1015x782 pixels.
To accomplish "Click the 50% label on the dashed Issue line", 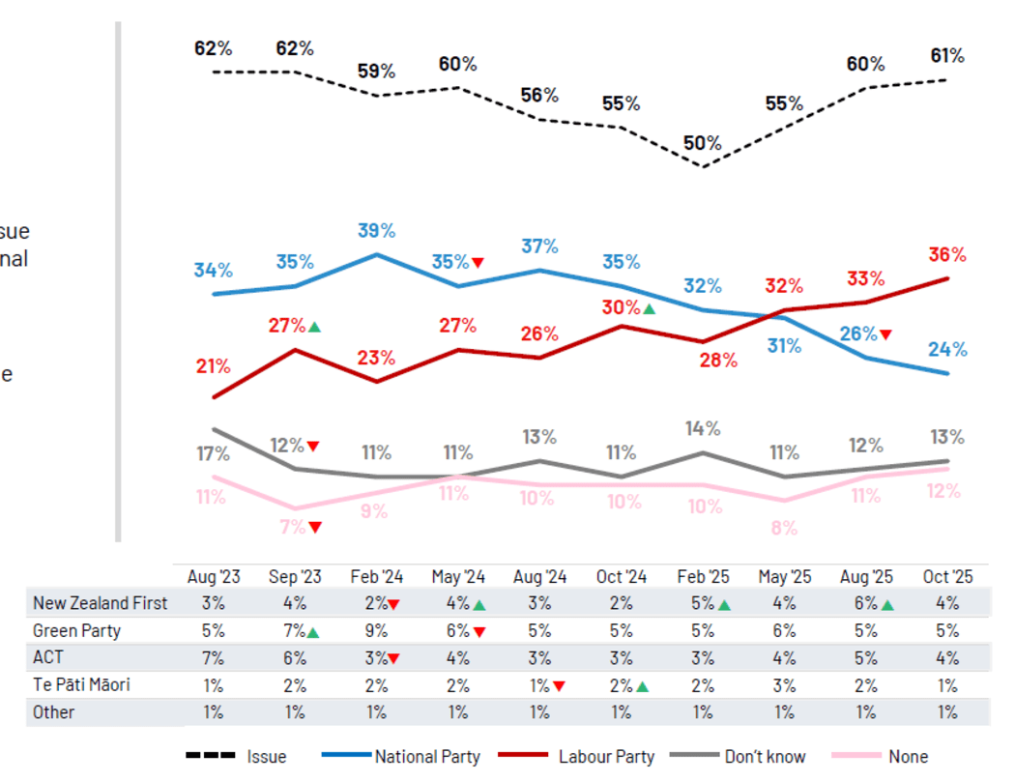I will pos(702,143).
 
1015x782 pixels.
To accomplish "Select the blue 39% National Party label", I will pos(376,231).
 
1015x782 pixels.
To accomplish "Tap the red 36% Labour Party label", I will pos(947,255).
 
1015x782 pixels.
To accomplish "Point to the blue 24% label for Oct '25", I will pos(947,350).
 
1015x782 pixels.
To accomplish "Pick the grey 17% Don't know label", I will pos(213,452).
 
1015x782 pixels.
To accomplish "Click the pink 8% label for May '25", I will pos(784,528).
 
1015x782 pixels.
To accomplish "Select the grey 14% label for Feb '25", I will pos(702,428).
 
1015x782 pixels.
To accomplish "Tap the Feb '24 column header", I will pos(376,577).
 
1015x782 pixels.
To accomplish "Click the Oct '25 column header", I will pos(947,577).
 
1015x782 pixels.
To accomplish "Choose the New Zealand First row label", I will pos(100,603).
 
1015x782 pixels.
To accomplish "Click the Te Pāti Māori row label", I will pos(81,684).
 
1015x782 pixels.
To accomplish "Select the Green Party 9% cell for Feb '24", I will pos(376,630).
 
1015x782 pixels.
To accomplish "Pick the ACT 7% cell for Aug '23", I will pos(213,657).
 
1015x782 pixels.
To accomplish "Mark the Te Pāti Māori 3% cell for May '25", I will pos(784,684).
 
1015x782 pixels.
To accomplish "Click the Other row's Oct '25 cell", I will pos(947,712).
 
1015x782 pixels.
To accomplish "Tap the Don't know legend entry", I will pos(764,757).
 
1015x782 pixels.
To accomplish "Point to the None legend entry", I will pos(907,757).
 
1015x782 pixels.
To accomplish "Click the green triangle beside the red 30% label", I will pos(649,308).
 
